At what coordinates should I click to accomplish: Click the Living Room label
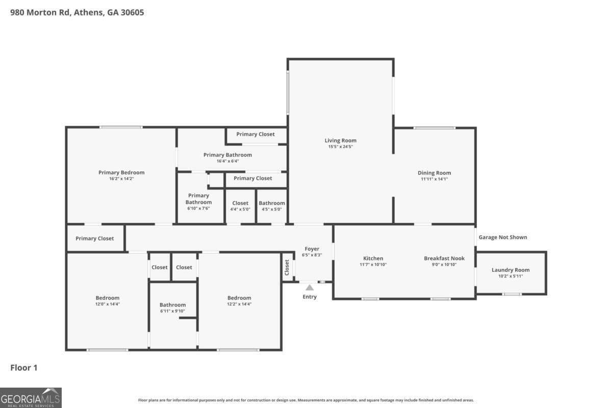341,140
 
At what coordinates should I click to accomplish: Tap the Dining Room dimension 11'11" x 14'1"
434,179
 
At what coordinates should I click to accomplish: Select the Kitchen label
373,258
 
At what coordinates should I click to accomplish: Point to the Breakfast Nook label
444,258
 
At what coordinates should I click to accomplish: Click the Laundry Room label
511,270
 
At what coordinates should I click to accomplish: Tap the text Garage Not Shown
502,237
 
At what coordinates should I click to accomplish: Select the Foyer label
312,249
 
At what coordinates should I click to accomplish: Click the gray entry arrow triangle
310,288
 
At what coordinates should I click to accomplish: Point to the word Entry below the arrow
310,297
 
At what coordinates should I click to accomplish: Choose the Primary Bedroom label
121,172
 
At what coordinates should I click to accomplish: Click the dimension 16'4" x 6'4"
227,161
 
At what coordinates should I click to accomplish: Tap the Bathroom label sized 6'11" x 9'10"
172,305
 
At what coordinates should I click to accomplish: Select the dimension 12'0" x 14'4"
108,304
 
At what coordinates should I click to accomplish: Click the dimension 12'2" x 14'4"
239,304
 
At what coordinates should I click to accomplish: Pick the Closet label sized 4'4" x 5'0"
240,203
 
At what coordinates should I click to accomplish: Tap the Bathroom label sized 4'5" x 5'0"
272,203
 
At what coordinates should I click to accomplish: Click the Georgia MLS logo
31,397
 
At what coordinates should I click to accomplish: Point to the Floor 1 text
24,367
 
